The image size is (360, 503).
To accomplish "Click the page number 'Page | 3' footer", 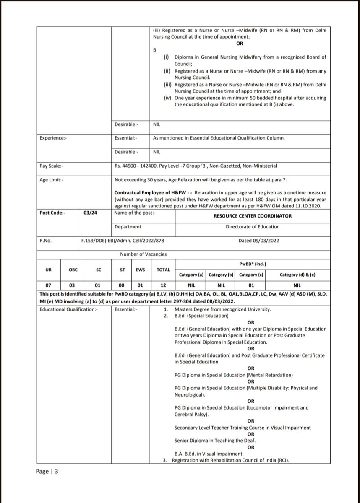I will click(x=47, y=471).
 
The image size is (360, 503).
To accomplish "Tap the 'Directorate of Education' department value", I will click(x=252, y=227).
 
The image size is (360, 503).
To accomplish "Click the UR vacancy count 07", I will click(x=49, y=286).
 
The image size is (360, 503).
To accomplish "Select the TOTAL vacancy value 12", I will click(x=163, y=286).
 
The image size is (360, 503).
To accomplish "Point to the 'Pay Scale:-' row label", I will click(x=50, y=166).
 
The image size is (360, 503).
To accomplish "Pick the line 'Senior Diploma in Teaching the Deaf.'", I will click(x=215, y=441).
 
